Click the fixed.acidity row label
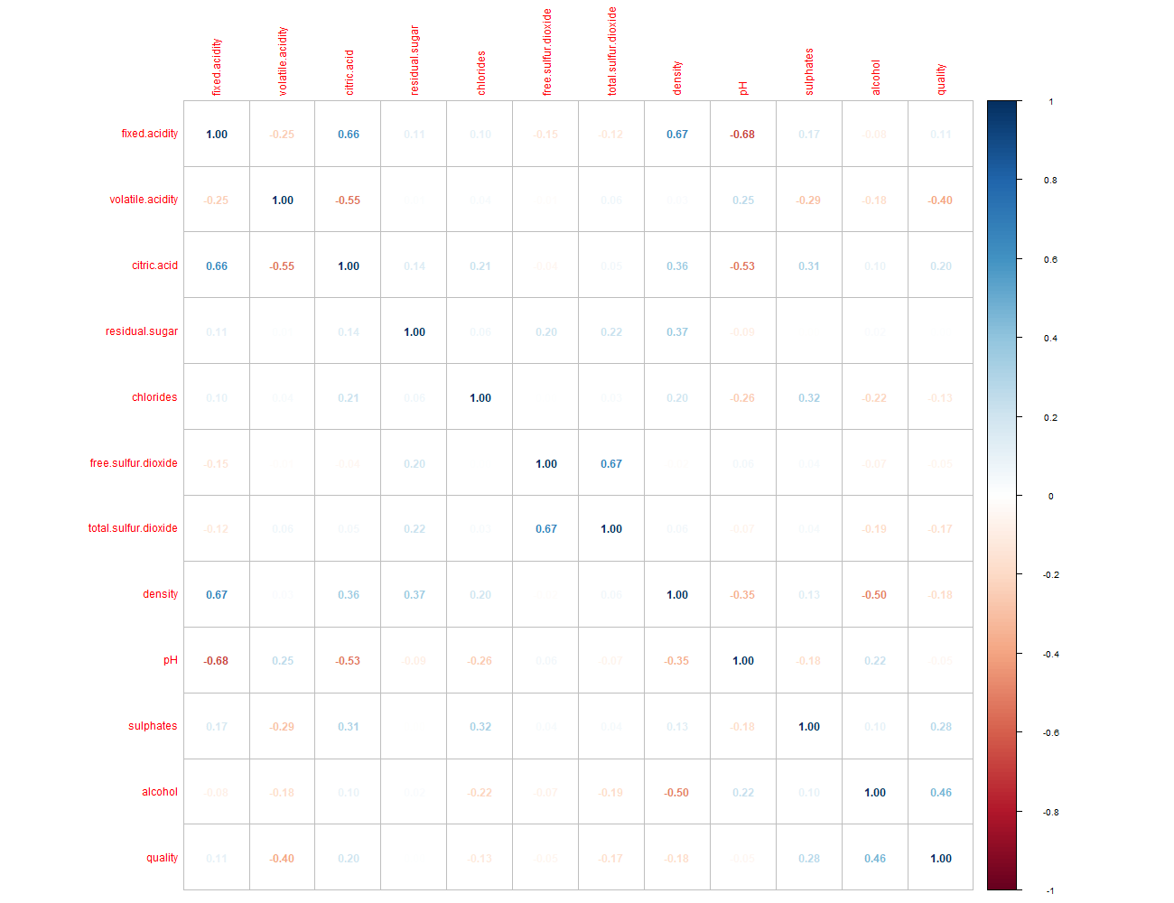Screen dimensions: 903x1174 click(x=150, y=134)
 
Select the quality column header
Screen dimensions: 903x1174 click(x=941, y=79)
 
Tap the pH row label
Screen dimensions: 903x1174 click(x=171, y=660)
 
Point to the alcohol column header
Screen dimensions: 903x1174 click(x=875, y=78)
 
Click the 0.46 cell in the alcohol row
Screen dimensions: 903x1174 click(x=941, y=793)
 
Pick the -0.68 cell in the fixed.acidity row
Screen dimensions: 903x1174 click(x=742, y=135)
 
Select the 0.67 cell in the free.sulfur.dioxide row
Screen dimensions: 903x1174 click(x=611, y=464)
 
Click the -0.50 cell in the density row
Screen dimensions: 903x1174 click(x=874, y=595)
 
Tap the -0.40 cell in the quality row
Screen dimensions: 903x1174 click(x=282, y=859)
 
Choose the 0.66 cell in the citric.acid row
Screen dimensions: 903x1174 click(x=217, y=266)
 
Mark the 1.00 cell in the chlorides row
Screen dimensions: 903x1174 click(x=480, y=398)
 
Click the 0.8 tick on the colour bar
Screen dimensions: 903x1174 click(x=1050, y=181)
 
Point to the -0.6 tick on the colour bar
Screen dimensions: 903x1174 click(x=1050, y=733)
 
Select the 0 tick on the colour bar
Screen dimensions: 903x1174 click(x=1050, y=497)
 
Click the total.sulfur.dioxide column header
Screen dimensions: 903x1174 click(x=612, y=51)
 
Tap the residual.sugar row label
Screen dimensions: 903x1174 click(x=142, y=331)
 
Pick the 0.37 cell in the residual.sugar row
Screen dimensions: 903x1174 click(x=677, y=332)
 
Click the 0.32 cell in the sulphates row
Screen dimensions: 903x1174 click(x=480, y=727)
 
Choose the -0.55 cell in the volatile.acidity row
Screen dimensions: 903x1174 click(x=349, y=200)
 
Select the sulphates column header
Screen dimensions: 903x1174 click(x=809, y=71)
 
